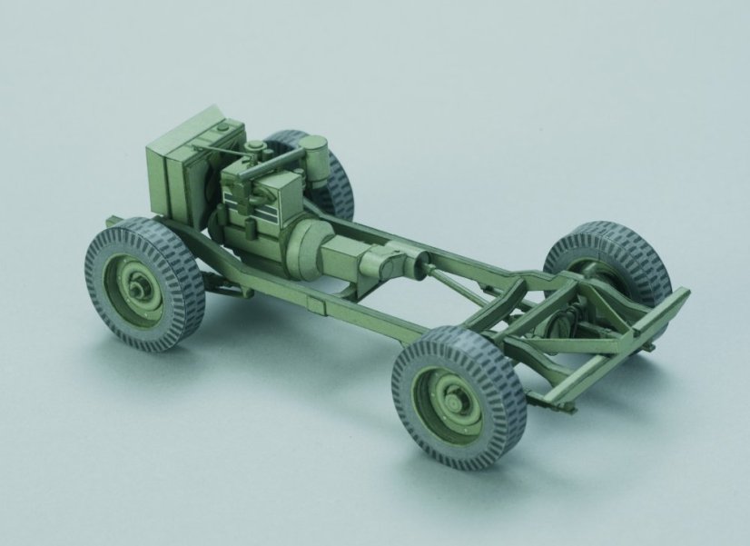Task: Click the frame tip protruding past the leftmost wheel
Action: coord(111,221)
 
